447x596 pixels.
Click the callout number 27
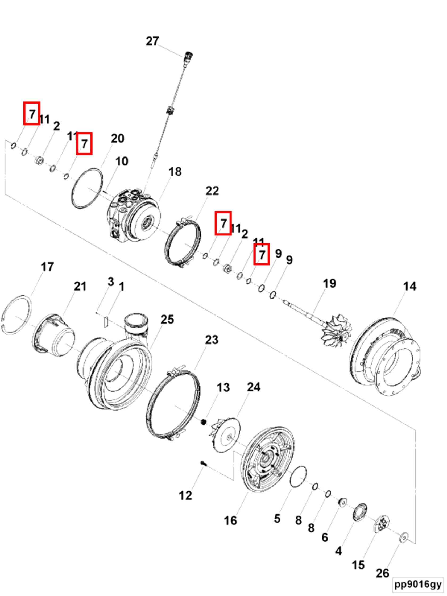click(x=152, y=41)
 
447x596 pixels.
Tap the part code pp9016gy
click(x=418, y=584)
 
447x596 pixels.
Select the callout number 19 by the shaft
click(x=329, y=283)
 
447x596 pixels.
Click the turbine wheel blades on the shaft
click(x=337, y=330)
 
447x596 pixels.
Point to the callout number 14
click(x=409, y=286)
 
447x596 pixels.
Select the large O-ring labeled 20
click(x=87, y=188)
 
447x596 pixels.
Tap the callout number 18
click(x=175, y=172)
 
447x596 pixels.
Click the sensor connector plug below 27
click(x=188, y=56)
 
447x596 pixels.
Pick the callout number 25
click(x=167, y=320)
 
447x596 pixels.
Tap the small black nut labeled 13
click(x=204, y=421)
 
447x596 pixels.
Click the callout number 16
click(x=230, y=520)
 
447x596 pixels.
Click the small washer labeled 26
click(x=404, y=537)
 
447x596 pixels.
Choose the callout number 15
click(x=358, y=565)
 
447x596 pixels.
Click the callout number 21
click(x=80, y=286)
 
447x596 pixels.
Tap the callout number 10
click(x=122, y=162)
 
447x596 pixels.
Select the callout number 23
click(x=212, y=340)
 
